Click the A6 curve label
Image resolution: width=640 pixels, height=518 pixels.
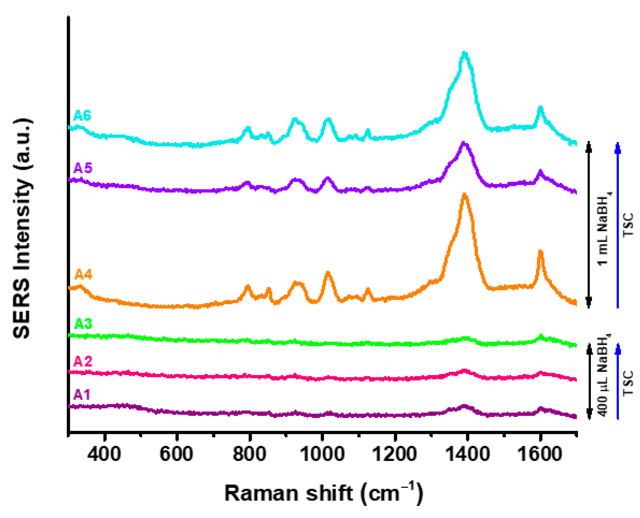pos(82,115)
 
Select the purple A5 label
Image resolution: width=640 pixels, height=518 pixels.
pos(83,168)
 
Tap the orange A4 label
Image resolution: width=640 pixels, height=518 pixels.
pos(83,274)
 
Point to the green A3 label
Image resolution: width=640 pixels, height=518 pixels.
pos(83,324)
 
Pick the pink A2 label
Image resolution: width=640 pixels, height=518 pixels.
pos(83,361)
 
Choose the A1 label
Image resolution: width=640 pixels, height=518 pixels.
pos(82,395)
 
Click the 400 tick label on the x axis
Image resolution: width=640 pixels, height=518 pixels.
pos(105,454)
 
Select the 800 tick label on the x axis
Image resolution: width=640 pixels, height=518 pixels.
pos(250,454)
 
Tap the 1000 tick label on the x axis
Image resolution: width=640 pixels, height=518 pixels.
pos(322,454)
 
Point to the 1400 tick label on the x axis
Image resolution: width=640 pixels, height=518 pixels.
pos(467,454)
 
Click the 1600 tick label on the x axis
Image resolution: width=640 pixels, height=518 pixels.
pos(540,454)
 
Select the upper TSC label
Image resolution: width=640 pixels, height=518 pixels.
pos(628,225)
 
